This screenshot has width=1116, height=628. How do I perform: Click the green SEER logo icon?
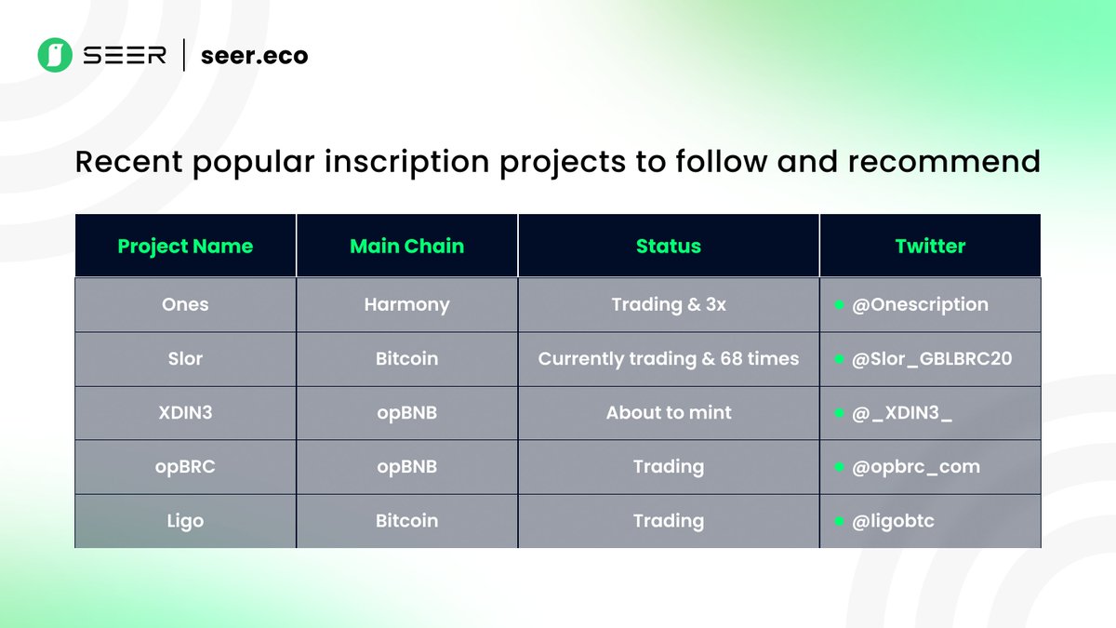pos(55,55)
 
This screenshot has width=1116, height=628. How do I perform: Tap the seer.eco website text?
pos(254,55)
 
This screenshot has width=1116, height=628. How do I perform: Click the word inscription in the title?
pos(407,162)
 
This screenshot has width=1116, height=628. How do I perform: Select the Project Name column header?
pos(185,247)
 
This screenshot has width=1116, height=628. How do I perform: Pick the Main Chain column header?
pos(407,246)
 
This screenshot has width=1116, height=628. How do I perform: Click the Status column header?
pos(669,246)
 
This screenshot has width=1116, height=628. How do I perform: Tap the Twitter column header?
pos(930,246)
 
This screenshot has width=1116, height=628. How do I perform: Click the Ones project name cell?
pos(185,304)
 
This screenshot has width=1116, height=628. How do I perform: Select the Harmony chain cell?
pos(407,305)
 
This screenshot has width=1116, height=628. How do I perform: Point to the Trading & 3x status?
pos(669,304)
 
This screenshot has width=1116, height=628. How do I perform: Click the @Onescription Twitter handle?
pos(920,305)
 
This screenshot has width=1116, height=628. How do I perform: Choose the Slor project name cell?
pos(185,358)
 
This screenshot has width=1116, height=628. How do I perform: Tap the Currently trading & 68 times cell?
pos(669,359)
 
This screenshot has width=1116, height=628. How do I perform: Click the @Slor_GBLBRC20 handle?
pos(932,359)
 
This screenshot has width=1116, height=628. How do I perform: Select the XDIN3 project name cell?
pos(185,413)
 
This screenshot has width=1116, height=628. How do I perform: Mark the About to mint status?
pos(669,413)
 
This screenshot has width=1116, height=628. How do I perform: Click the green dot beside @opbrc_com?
pos(839,467)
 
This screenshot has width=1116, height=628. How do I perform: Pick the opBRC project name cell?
pos(185,467)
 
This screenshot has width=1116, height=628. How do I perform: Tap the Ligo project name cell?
pos(185,521)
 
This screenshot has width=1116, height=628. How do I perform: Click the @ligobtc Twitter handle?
pos(893,521)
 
